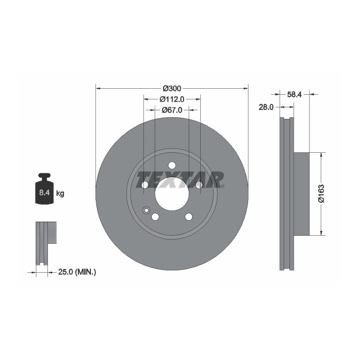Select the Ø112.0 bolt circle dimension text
tap(172, 99)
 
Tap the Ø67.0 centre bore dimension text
tap(172, 110)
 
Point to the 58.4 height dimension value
tap(294, 94)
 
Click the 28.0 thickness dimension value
tap(266, 107)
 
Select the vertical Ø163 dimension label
tap(321, 193)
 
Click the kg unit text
tap(60, 193)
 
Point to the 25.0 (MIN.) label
tap(76, 272)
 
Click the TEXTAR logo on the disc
tap(180, 179)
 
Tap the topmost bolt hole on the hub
tap(172, 165)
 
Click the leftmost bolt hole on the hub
tap(144, 185)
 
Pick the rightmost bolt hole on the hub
tap(199, 185)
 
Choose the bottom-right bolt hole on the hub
tap(189, 217)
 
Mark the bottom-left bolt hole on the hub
tap(155, 217)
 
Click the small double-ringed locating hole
tap(145, 210)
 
